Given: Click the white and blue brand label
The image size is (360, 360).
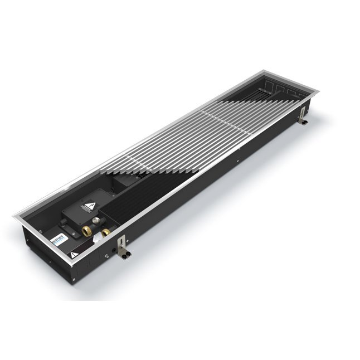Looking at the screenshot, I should pos(59,239).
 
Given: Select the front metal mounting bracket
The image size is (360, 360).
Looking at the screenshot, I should pos(121,247).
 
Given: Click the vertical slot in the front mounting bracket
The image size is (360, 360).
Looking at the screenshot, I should pos(120,244).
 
